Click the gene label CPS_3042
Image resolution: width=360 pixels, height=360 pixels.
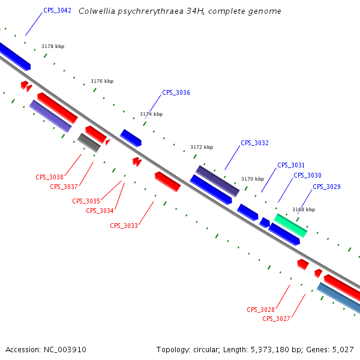tap(57, 11)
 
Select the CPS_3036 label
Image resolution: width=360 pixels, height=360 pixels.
tap(176, 93)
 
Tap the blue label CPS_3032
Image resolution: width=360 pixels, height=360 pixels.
tap(254, 143)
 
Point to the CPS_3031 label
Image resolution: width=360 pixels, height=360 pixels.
tap(291, 166)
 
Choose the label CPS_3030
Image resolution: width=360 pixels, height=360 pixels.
tap(307, 176)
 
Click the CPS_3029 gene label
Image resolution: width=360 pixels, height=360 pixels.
tap(326, 187)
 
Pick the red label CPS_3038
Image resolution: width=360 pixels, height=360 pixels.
tap(49, 178)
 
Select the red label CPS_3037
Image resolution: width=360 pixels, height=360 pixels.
tap(64, 187)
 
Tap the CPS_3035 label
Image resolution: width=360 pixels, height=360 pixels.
tap(86, 202)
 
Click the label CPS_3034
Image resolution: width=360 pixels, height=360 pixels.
tap(100, 211)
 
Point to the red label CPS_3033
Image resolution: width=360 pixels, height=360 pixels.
tap(124, 226)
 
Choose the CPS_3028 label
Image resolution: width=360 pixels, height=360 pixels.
tap(260, 310)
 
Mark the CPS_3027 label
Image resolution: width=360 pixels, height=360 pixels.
tap(276, 319)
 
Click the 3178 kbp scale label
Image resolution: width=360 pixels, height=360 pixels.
tap(53, 46)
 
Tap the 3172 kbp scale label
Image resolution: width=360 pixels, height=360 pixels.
tap(202, 147)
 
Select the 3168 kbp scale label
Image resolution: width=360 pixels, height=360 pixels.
tap(304, 210)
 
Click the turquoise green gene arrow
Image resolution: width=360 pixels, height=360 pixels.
tap(290, 225)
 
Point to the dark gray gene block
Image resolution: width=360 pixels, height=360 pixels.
tap(89, 143)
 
